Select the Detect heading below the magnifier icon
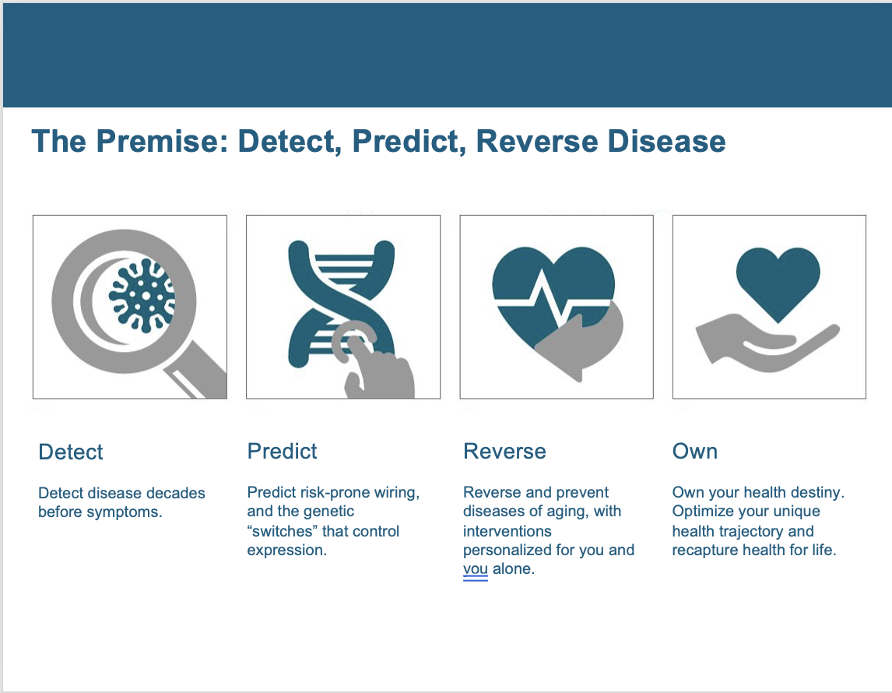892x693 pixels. point(71,452)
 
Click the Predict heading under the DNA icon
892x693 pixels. point(282,451)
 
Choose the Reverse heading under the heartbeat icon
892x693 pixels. point(504,451)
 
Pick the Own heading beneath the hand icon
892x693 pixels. point(694,451)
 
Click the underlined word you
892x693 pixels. point(476,569)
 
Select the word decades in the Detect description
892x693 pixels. point(177,493)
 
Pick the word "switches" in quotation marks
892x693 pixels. point(279,531)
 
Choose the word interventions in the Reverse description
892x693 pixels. point(507,531)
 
